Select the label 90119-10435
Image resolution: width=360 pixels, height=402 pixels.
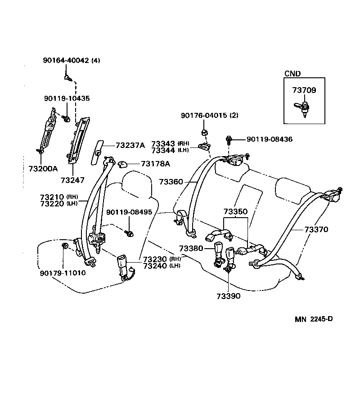coord(67,98)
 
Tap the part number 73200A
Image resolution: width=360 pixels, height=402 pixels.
coord(40,169)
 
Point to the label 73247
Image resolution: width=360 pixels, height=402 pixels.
coord(72,180)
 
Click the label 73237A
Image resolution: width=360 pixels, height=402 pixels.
coord(130,145)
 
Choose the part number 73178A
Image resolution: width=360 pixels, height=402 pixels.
coord(155,164)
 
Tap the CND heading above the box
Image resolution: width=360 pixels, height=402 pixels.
coord(292,74)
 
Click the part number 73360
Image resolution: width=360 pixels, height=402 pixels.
coord(171,182)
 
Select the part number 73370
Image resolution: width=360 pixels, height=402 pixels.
coord(316,229)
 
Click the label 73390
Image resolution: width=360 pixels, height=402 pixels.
coord(228,296)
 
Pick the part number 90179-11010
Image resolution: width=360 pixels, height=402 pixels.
coord(63,272)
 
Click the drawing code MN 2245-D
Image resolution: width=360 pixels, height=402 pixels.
coord(314,319)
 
